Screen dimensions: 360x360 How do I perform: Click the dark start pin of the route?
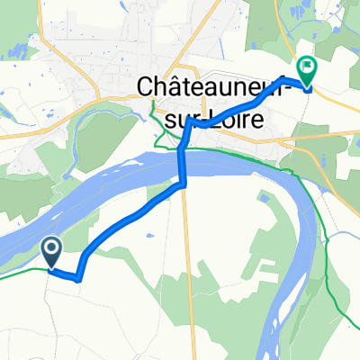(x=51, y=251)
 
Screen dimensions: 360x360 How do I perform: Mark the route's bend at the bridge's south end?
(x=183, y=184)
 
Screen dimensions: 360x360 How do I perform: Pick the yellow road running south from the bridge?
(x=186, y=270)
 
